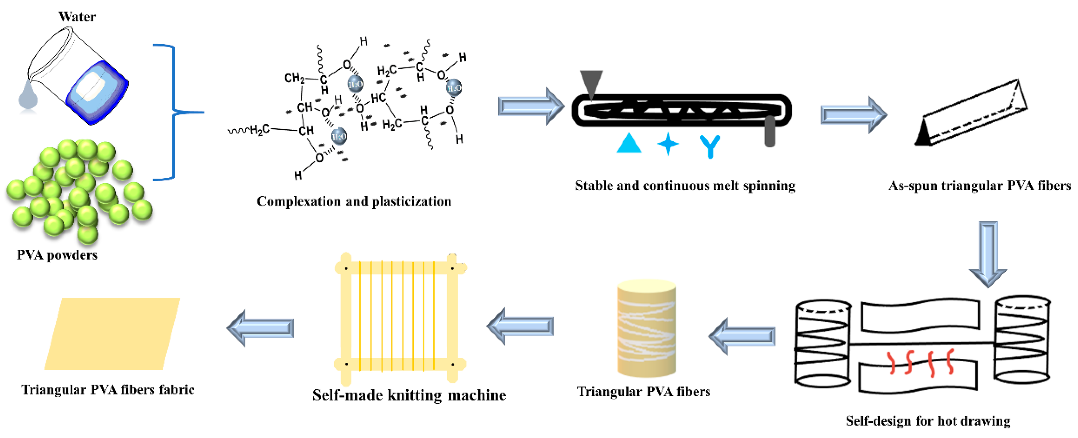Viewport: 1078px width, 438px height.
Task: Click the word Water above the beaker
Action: coord(77,17)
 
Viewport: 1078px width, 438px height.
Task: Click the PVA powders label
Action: coord(57,255)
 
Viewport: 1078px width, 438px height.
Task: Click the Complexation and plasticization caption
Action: coord(354,201)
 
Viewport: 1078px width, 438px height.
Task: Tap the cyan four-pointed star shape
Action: coord(668,144)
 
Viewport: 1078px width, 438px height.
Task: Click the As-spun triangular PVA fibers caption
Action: coord(980,185)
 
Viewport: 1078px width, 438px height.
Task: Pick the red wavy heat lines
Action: coord(921,362)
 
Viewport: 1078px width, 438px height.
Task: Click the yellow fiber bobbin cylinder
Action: coord(647,328)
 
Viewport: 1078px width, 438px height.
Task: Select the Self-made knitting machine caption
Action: coord(409,395)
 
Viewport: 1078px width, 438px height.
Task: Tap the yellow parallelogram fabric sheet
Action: coord(112,334)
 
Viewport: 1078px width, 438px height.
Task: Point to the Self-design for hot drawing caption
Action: coord(928,420)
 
